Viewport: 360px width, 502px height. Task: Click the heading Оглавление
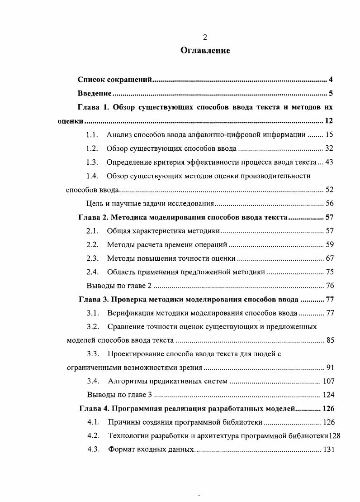[x=205, y=51]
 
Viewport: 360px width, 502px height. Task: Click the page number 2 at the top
[x=205, y=37]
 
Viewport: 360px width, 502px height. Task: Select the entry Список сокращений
[x=114, y=80]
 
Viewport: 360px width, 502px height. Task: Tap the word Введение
[x=94, y=94]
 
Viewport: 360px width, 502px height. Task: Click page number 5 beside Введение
[x=331, y=94]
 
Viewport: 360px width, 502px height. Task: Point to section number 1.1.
[x=92, y=135]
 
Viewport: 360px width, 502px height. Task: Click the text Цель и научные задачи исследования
[x=150, y=204]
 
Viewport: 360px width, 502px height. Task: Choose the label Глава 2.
[x=93, y=217]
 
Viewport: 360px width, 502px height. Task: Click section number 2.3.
[x=92, y=258]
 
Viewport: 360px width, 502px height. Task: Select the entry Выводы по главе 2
[x=119, y=286]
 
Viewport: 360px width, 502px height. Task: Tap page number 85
[x=330, y=340]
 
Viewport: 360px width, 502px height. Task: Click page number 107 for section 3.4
[x=328, y=381]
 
